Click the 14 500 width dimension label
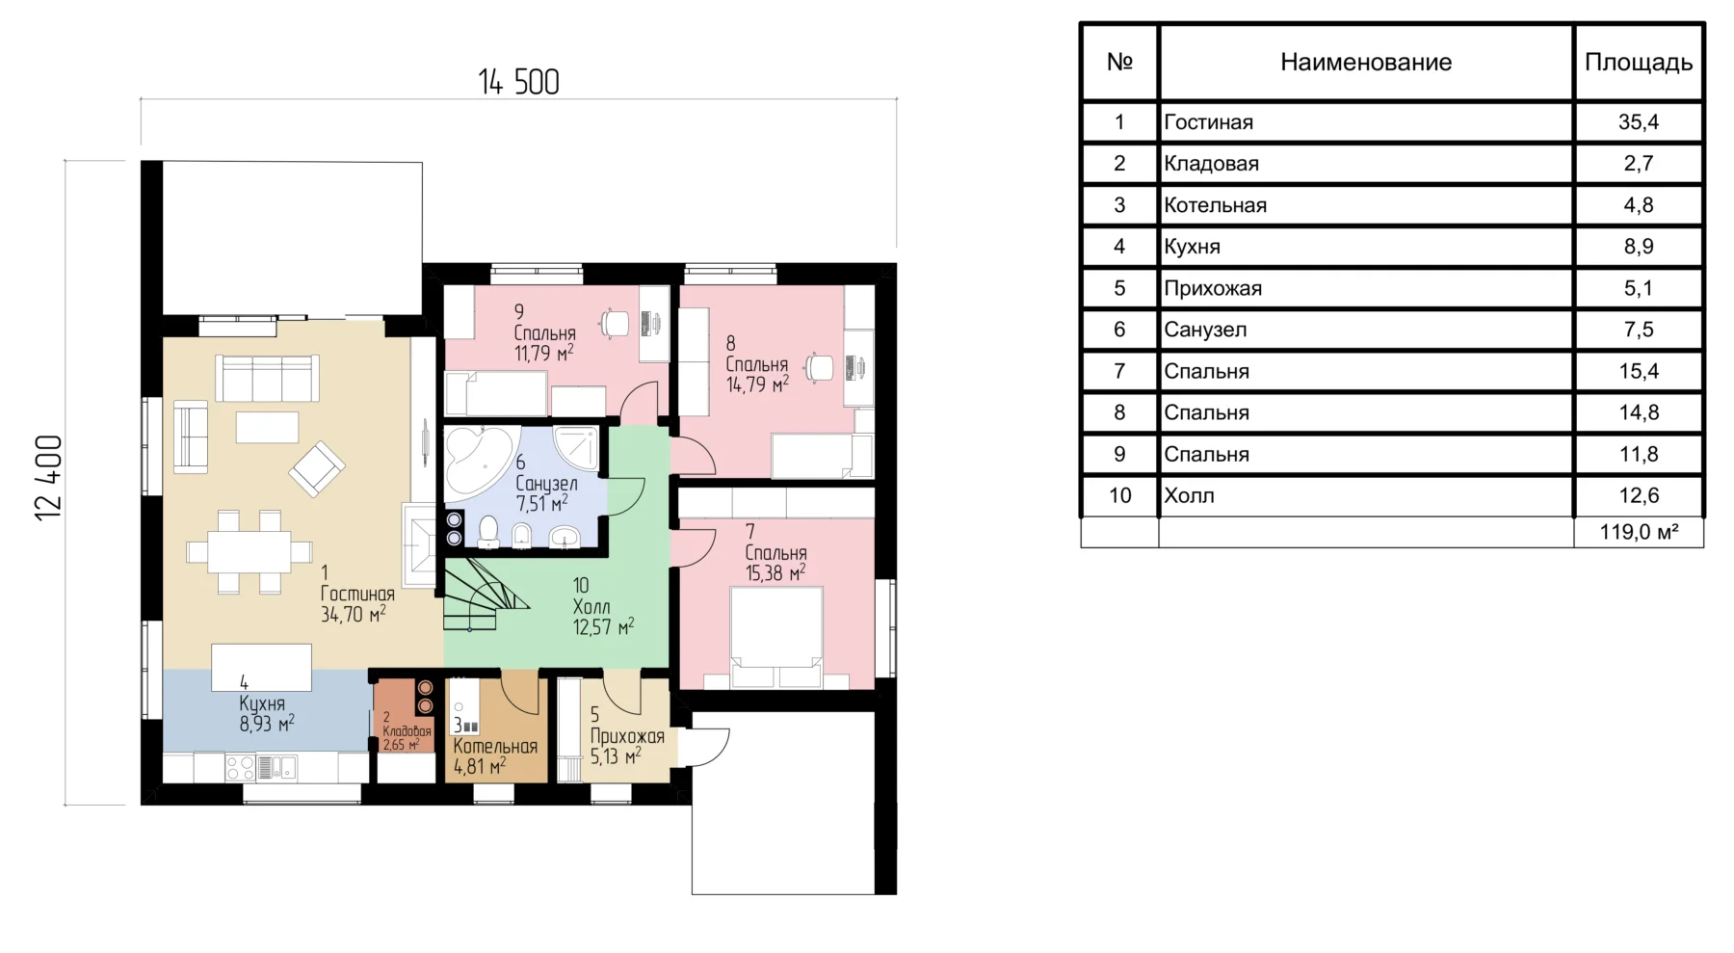coord(518,82)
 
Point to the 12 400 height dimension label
coord(48,478)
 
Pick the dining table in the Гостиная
coord(250,552)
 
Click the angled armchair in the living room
coord(316,469)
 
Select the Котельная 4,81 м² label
coord(495,747)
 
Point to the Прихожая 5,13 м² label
coord(627,736)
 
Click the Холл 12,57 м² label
coord(603,607)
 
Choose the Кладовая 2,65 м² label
coord(406,731)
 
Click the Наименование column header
coord(1365,63)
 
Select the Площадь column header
coord(1638,63)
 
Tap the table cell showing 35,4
coord(1638,122)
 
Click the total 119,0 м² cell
coord(1638,532)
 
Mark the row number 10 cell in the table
coord(1119,495)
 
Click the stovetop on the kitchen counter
coord(240,768)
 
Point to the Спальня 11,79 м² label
coord(544,332)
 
